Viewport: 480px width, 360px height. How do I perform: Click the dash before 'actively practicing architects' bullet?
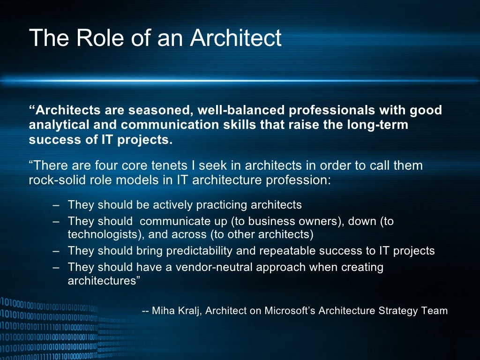click(56, 205)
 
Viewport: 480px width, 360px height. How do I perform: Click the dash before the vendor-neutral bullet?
click(56, 268)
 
